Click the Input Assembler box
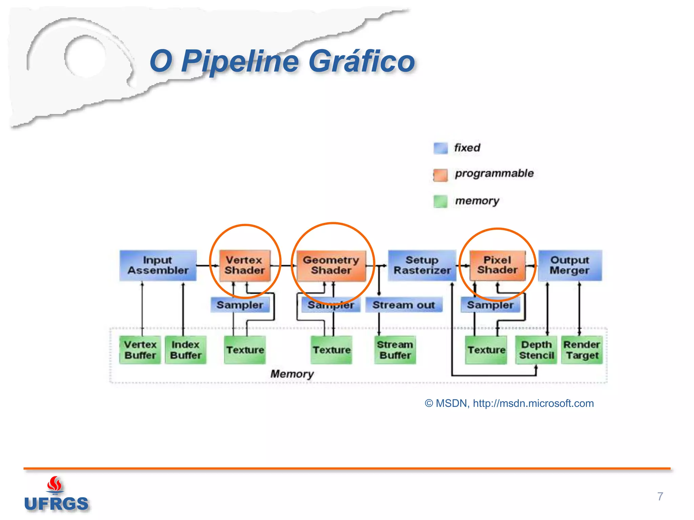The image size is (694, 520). pos(158,265)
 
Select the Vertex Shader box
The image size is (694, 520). pos(245,265)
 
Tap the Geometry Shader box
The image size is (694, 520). pos(331,265)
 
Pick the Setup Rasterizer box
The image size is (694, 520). pos(422,265)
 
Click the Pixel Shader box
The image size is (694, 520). pos(497,265)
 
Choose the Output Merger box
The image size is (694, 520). pos(570,265)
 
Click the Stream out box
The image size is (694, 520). pos(404,305)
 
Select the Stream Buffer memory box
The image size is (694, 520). pos(395,350)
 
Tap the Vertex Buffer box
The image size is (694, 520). pos(140,350)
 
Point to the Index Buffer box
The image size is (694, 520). pos(185,350)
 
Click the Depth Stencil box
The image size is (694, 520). pos(536,350)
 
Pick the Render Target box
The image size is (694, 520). pos(582,350)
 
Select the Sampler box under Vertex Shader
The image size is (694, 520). pos(240,305)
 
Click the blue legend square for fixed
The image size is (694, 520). pos(441,148)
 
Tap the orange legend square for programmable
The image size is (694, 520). pos(441,175)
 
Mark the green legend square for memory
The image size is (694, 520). pos(441,201)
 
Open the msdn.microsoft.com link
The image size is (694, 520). pos(533,403)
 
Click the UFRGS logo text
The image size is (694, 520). pos(56,504)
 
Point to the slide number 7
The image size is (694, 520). pos(660,496)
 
